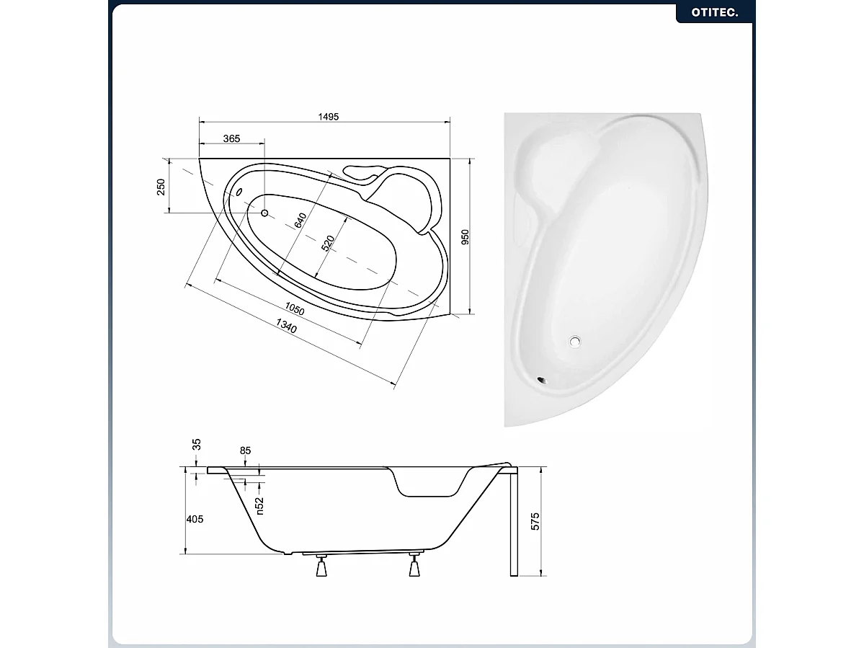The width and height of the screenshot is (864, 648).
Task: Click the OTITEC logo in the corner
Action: pyautogui.click(x=714, y=12)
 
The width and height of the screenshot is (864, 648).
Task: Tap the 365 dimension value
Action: pyautogui.click(x=231, y=138)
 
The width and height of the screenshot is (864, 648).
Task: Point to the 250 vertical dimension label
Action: pyautogui.click(x=161, y=186)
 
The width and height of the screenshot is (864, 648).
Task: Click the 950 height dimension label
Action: pyautogui.click(x=465, y=237)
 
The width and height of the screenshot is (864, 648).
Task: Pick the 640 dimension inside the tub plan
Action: pyautogui.click(x=300, y=221)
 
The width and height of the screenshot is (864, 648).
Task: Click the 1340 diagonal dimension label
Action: pyautogui.click(x=286, y=328)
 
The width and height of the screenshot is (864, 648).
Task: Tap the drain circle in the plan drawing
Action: pyautogui.click(x=264, y=213)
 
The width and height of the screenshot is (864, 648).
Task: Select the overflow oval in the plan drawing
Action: pyautogui.click(x=239, y=193)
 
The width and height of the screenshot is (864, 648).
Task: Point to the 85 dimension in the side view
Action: pyautogui.click(x=246, y=451)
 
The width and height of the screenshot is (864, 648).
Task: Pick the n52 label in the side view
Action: pyautogui.click(x=260, y=505)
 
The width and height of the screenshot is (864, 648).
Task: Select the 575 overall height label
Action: pyautogui.click(x=535, y=521)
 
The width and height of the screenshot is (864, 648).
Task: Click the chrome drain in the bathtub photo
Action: pyautogui.click(x=576, y=342)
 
